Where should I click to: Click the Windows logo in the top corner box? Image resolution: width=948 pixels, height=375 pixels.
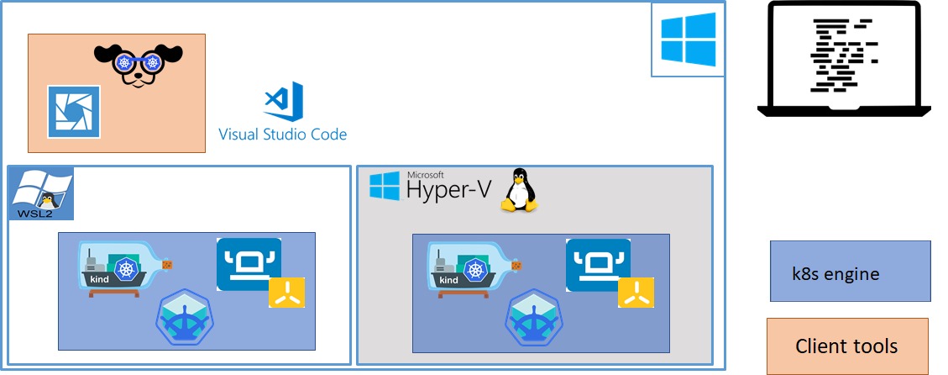(x=688, y=40)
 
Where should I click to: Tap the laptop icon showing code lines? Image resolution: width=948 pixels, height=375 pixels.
(x=844, y=58)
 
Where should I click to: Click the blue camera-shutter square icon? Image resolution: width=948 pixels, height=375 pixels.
(x=74, y=112)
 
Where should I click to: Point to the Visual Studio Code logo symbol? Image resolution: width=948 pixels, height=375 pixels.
(x=284, y=101)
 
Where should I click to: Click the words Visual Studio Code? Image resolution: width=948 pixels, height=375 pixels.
(x=282, y=134)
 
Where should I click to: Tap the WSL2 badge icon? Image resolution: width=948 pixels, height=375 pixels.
(x=41, y=193)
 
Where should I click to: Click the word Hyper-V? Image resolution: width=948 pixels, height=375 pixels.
(x=448, y=189)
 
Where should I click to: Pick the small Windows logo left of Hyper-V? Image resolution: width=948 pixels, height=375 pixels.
(x=385, y=186)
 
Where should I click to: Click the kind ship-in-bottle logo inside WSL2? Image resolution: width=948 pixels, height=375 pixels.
(x=128, y=269)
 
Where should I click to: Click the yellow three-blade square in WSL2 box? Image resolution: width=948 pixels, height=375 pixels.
(x=287, y=293)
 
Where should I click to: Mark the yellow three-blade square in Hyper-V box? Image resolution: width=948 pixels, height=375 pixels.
(x=636, y=293)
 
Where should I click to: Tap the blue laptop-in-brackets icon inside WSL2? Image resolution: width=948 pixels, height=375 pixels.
(x=249, y=265)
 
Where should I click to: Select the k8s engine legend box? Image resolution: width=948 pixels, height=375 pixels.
(x=850, y=271)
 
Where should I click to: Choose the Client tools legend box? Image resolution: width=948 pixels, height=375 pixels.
(x=847, y=346)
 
